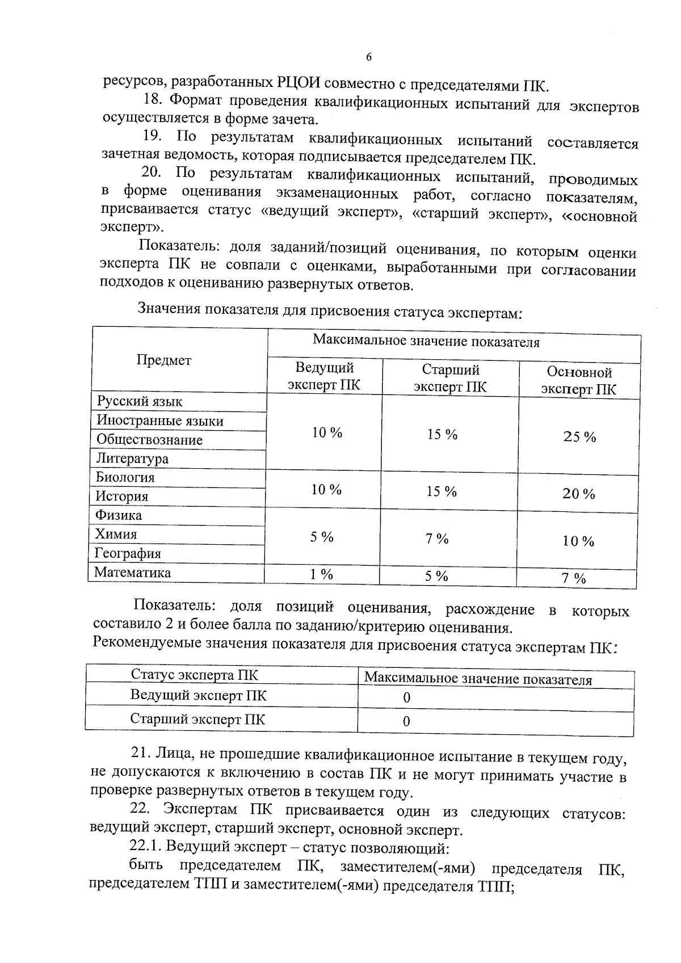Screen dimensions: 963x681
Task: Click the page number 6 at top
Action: point(368,57)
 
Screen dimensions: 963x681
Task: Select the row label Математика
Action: point(132,573)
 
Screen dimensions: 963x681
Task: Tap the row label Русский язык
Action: point(139,402)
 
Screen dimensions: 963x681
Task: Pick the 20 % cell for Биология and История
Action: point(579,494)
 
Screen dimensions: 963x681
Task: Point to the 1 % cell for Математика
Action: point(321,574)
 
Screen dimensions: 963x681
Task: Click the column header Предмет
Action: point(164,360)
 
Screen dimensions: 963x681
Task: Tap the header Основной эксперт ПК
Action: point(579,381)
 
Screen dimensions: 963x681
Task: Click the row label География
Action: point(128,553)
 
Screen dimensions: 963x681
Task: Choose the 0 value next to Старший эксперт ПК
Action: point(406,722)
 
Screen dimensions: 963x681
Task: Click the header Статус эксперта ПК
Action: point(194,675)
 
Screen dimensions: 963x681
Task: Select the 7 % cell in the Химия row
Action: point(437,539)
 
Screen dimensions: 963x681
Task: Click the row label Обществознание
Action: point(149,440)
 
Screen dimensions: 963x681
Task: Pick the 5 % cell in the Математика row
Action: point(436,577)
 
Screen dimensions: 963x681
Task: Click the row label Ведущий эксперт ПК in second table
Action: point(198,696)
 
